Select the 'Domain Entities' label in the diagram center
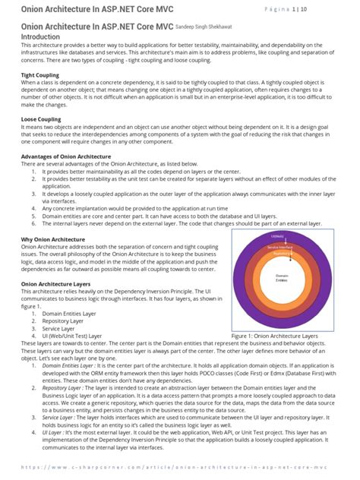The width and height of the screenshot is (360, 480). (x=282, y=277)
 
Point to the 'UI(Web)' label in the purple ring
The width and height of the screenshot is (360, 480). (x=282, y=236)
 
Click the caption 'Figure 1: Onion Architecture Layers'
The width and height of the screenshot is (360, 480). (x=282, y=335)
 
